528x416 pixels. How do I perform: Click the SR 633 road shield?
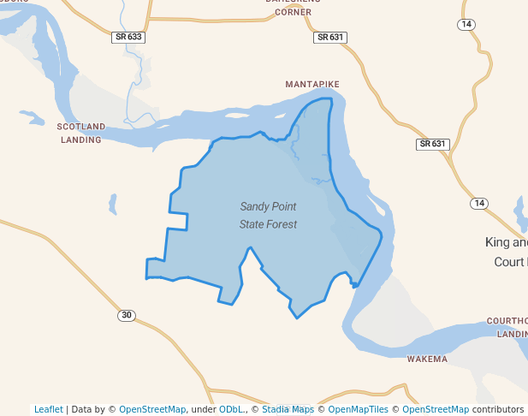click(x=127, y=37)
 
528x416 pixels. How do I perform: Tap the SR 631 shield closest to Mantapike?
click(x=329, y=37)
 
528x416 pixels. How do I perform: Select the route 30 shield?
click(x=127, y=316)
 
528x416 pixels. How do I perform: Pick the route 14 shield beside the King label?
click(x=478, y=203)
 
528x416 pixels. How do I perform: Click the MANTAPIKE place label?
click(x=312, y=84)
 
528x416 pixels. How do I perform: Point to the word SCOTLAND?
click(x=81, y=127)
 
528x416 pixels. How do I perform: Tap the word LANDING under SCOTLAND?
click(x=81, y=139)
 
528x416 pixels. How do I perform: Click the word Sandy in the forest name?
click(x=255, y=206)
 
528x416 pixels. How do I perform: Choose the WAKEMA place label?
click(x=427, y=359)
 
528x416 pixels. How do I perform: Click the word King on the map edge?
click(x=497, y=242)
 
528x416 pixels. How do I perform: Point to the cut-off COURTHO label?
click(x=507, y=321)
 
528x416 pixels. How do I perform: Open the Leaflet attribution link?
click(x=48, y=409)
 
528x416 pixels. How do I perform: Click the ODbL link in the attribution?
click(x=230, y=409)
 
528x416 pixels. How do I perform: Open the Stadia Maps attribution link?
click(x=288, y=409)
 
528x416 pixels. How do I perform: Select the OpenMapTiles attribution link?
click(x=359, y=409)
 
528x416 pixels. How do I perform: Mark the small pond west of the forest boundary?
click(x=112, y=204)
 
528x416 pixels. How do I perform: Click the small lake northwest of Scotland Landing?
click(x=31, y=116)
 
